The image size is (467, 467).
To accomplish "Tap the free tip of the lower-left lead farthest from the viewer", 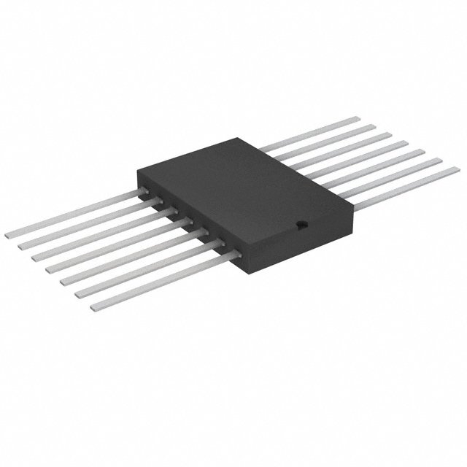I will [x=9, y=236].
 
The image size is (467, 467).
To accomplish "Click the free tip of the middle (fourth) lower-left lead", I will [x=50, y=271].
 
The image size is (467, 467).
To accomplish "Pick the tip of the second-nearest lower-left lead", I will [x=80, y=294].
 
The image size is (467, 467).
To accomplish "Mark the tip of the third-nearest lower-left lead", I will [x=65, y=282].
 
